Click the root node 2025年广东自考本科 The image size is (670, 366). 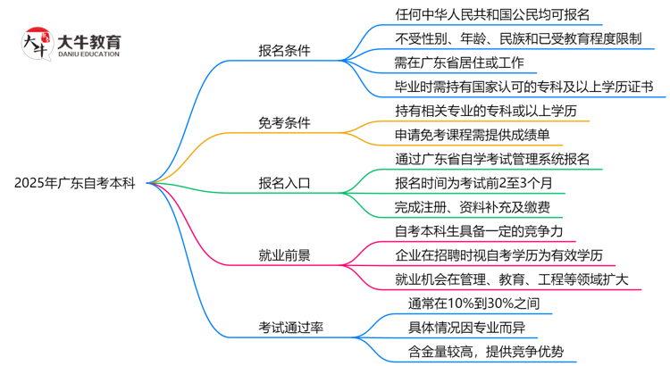[75, 183]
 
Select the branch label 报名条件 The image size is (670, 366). [284, 51]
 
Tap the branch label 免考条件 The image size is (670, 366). [284, 122]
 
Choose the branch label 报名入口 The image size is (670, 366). [284, 183]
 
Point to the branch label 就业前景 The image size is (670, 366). [284, 255]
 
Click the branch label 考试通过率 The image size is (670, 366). [290, 328]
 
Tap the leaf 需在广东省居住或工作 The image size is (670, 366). [465, 63]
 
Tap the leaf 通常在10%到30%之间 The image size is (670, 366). [473, 304]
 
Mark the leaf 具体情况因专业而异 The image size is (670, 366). [465, 328]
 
